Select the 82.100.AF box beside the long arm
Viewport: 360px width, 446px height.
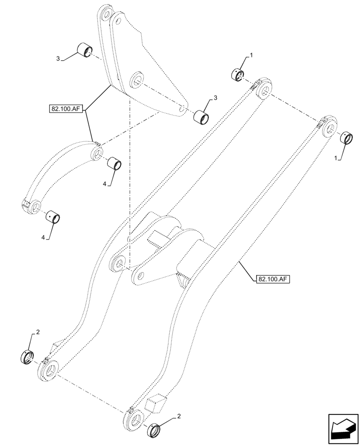pos(273,279)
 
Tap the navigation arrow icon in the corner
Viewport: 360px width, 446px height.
pos(343,429)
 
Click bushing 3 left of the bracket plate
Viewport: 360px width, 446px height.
pos(85,50)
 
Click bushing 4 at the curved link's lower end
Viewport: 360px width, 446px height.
pos(54,217)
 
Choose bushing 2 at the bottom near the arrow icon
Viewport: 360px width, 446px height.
pos(154,431)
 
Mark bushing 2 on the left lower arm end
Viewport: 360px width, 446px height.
pos(29,357)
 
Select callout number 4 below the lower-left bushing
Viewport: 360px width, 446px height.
pos(43,238)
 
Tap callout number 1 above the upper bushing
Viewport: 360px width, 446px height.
pos(251,55)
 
